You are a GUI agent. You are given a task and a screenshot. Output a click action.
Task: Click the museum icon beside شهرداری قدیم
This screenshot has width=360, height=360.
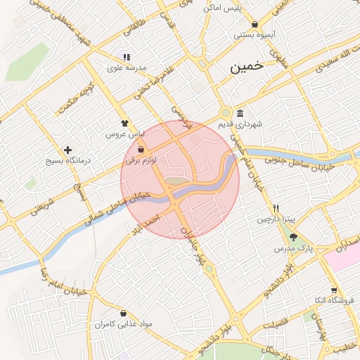(240, 114)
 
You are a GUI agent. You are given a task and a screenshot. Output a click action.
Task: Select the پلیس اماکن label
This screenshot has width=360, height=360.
(222, 8)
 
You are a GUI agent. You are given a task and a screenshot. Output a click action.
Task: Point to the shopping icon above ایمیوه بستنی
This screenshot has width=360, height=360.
(255, 25)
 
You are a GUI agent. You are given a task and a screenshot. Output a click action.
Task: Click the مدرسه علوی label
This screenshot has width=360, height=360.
(126, 68)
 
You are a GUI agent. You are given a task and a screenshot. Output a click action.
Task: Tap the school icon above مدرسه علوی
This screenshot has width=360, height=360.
(127, 57)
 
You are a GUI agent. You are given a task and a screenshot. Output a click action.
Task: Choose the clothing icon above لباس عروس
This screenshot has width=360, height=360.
(125, 122)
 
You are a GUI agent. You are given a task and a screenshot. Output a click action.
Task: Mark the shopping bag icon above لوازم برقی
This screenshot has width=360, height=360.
(141, 150)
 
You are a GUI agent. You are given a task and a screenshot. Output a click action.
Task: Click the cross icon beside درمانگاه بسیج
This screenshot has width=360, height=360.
(67, 150)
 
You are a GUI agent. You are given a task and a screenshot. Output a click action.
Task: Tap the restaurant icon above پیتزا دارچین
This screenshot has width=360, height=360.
(276, 209)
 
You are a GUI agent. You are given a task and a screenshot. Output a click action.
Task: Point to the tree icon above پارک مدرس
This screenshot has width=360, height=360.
(292, 238)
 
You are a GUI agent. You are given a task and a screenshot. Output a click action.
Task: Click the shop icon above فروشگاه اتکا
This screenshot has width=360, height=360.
(333, 290)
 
